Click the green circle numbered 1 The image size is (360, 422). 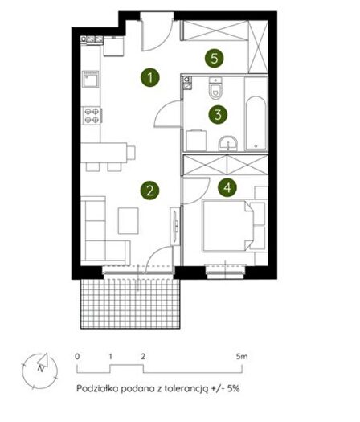click(x=149, y=77)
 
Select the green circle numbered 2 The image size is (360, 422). click(x=149, y=191)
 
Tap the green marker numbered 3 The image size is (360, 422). click(x=218, y=114)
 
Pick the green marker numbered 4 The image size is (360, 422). click(x=227, y=187)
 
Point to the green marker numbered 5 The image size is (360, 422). click(x=215, y=58)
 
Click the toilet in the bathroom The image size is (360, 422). click(x=215, y=88)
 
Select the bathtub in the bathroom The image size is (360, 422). click(x=256, y=123)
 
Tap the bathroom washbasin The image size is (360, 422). click(x=228, y=143)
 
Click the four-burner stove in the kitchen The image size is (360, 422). click(x=92, y=115)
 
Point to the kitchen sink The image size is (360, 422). click(x=91, y=79)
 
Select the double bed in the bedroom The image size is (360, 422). click(x=228, y=226)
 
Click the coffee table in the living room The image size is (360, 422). click(x=129, y=220)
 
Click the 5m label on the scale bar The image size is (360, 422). click(x=242, y=357)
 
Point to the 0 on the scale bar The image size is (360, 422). click(x=77, y=357)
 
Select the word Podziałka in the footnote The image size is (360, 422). click(x=97, y=389)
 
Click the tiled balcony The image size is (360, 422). click(x=130, y=304)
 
